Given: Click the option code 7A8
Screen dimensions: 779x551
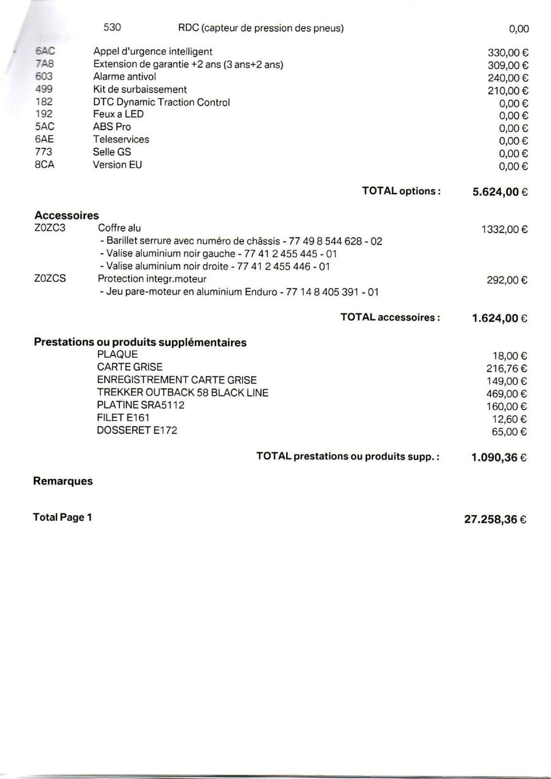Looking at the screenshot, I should pyautogui.click(x=44, y=65).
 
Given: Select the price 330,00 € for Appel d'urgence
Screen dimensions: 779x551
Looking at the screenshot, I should pyautogui.click(x=507, y=53).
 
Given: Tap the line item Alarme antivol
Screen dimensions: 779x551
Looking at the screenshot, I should pyautogui.click(x=124, y=77).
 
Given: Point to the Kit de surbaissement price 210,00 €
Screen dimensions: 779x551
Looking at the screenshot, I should pyautogui.click(x=507, y=91).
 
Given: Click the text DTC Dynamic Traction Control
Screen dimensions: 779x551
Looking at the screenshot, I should pyautogui.click(x=161, y=102).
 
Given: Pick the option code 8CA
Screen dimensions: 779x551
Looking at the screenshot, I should pyautogui.click(x=44, y=164).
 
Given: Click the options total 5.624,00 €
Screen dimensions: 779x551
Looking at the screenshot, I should pyautogui.click(x=500, y=192).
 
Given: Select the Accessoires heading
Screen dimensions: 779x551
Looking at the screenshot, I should pyautogui.click(x=66, y=215).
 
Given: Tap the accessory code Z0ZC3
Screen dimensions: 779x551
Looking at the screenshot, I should pyautogui.click(x=50, y=228).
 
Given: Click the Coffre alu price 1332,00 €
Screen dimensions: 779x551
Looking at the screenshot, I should pyautogui.click(x=504, y=229).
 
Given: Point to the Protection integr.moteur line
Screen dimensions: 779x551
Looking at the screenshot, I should pyautogui.click(x=152, y=279).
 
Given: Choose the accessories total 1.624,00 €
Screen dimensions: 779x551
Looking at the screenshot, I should pyautogui.click(x=500, y=318).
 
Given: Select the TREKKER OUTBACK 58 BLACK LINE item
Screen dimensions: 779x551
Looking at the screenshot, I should pyautogui.click(x=182, y=393).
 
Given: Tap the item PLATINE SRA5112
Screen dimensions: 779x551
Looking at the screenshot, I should pyautogui.click(x=141, y=405).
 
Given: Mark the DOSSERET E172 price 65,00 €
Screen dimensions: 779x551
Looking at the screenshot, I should pyautogui.click(x=510, y=432).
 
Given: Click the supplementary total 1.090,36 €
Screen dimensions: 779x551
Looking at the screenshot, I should pyautogui.click(x=500, y=458).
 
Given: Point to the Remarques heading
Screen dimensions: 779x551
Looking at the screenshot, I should pyautogui.click(x=63, y=481).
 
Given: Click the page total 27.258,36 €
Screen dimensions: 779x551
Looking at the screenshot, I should pyautogui.click(x=496, y=520).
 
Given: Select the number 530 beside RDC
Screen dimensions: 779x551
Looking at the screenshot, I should pyautogui.click(x=113, y=27).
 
